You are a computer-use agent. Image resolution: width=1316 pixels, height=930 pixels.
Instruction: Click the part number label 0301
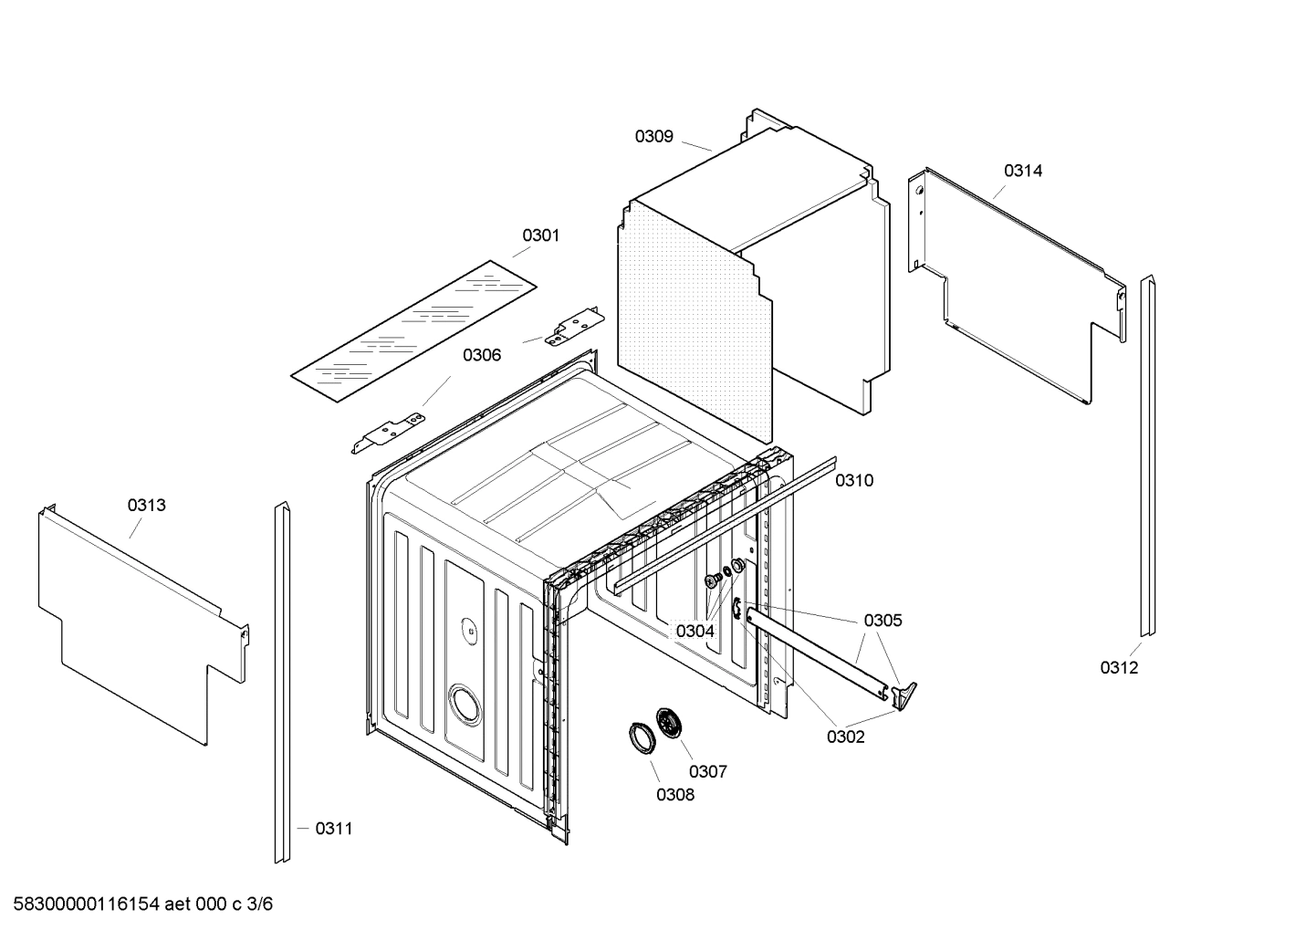tap(540, 235)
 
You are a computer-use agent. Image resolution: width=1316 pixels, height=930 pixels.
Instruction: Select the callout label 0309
tap(653, 137)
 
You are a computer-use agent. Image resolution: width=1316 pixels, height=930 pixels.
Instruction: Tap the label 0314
tap(1023, 171)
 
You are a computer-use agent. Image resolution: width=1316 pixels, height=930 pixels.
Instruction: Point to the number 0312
tap(1119, 668)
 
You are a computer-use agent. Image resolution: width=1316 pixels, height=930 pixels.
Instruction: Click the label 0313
tap(146, 506)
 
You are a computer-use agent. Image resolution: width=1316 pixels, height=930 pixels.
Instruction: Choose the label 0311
tap(333, 829)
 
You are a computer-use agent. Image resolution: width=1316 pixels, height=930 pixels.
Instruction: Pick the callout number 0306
tap(481, 355)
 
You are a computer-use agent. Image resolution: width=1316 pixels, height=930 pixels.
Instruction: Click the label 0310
tap(853, 481)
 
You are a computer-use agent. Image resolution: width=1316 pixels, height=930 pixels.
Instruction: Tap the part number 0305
tap(883, 621)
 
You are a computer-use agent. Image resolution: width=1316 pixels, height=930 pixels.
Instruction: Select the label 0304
tap(695, 631)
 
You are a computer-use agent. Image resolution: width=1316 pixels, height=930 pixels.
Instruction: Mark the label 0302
tap(845, 737)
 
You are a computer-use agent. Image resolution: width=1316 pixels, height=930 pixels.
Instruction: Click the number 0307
tap(707, 772)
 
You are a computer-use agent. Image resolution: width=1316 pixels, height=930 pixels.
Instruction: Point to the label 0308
tap(674, 795)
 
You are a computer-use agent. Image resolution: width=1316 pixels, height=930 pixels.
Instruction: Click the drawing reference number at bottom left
tap(138, 904)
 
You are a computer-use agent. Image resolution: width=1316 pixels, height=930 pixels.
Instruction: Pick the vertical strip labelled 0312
tap(1146, 456)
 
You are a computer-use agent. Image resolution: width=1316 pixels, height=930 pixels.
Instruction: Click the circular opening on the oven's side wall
tap(463, 706)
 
